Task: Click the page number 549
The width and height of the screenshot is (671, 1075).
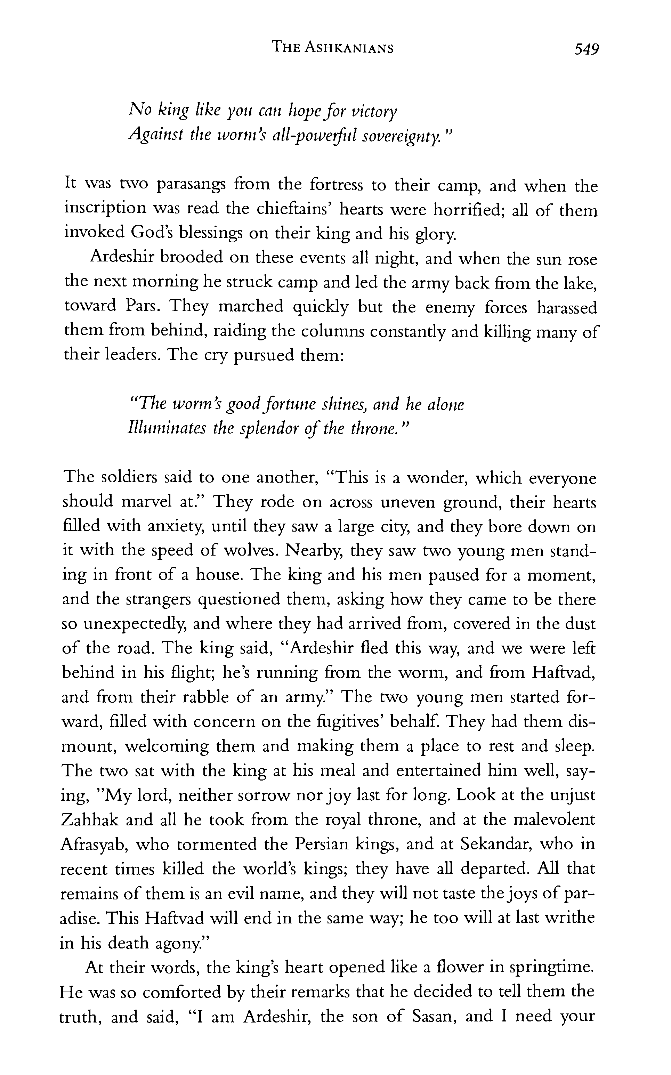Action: pyautogui.click(x=586, y=48)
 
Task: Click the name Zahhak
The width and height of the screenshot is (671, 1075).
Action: pyautogui.click(x=89, y=819)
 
